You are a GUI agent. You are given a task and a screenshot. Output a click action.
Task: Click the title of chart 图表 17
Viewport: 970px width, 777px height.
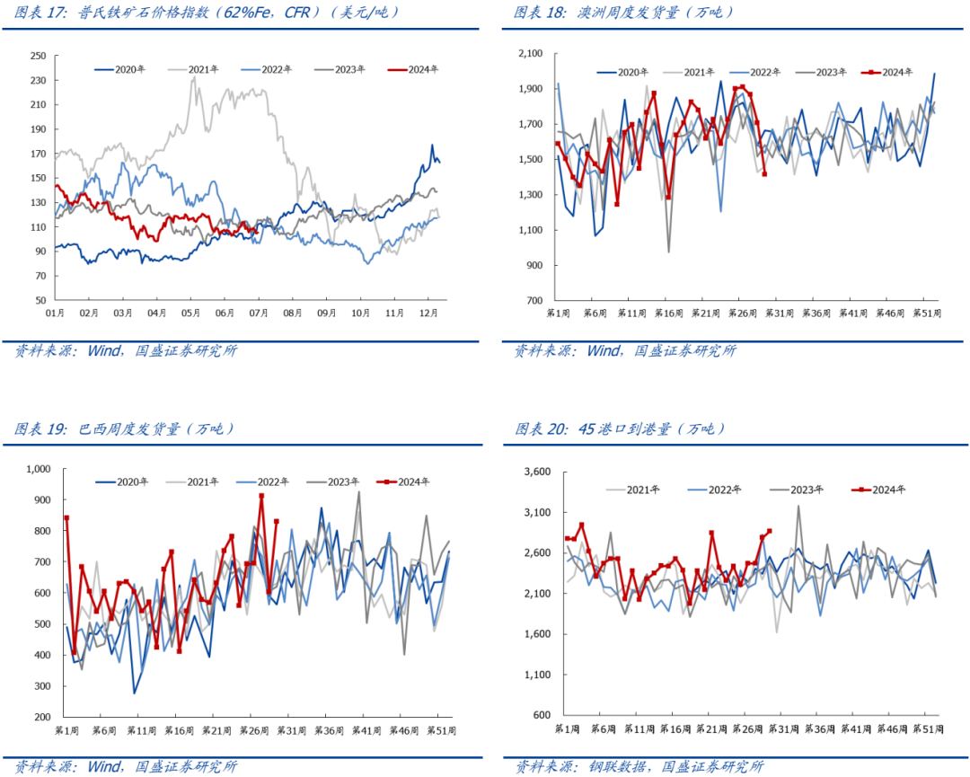(x=207, y=13)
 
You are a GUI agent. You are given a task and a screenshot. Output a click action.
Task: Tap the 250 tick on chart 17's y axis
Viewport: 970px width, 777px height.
(x=38, y=56)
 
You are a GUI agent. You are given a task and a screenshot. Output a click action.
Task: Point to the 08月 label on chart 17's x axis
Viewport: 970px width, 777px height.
(x=293, y=313)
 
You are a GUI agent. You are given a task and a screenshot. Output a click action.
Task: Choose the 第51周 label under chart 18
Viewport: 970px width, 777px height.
(x=924, y=313)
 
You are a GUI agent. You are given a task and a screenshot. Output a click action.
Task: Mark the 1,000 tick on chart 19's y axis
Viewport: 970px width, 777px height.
(x=40, y=469)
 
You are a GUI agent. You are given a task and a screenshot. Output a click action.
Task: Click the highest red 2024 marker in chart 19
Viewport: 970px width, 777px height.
(x=261, y=496)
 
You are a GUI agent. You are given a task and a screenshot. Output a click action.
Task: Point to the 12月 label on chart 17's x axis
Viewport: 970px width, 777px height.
(x=429, y=313)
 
